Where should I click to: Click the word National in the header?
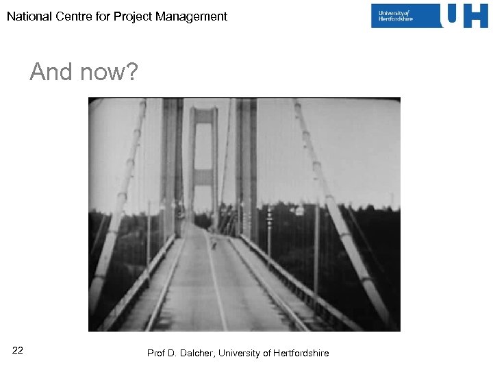click(x=29, y=16)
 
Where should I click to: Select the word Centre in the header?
click(x=73, y=16)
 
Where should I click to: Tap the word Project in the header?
click(x=132, y=16)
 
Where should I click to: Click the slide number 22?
click(x=18, y=351)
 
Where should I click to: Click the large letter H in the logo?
click(x=475, y=16)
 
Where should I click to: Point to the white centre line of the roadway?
click(x=216, y=288)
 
